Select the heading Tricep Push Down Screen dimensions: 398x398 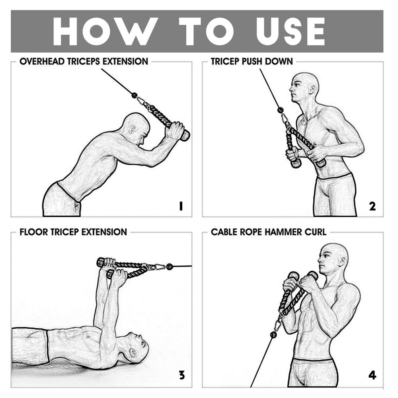[252, 62]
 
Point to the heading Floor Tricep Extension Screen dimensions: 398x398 [73, 232]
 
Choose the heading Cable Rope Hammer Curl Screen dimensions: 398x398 [269, 232]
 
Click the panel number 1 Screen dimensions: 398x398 [181, 206]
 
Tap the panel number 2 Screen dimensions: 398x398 [372, 206]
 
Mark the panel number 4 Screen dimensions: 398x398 [372, 375]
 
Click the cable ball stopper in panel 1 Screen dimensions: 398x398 [134, 95]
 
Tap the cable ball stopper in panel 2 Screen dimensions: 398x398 [280, 110]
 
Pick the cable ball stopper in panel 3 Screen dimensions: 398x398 [170, 266]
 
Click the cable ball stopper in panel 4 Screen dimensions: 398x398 [273, 335]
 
